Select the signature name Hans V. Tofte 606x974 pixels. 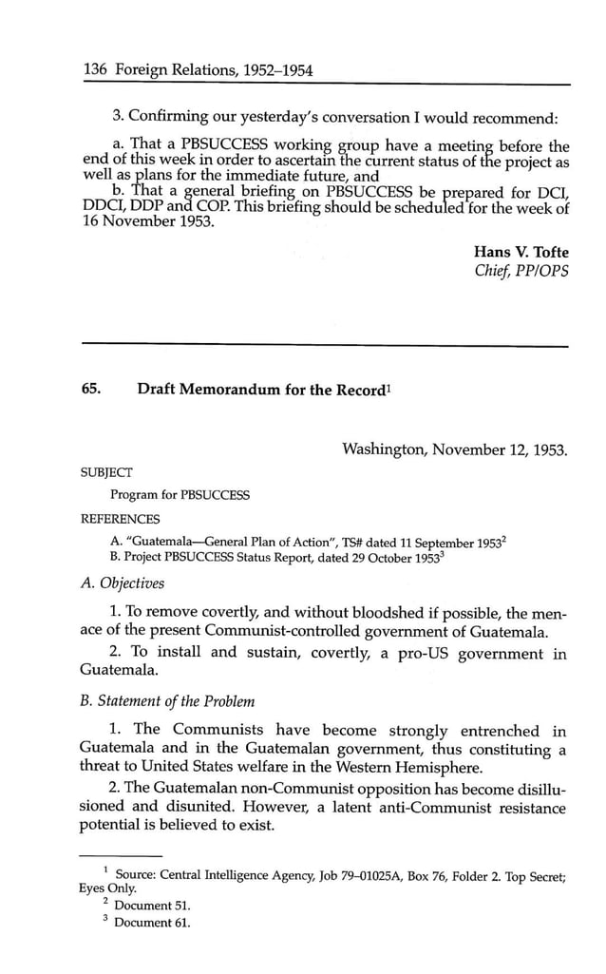click(x=521, y=252)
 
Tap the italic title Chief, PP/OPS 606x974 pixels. click(x=521, y=272)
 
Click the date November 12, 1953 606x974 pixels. click(x=498, y=449)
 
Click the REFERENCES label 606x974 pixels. click(x=121, y=519)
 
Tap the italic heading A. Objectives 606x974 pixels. click(x=123, y=582)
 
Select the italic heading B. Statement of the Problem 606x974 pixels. click(x=169, y=701)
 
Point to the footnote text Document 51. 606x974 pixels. click(x=152, y=906)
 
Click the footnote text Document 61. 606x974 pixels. click(x=152, y=923)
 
